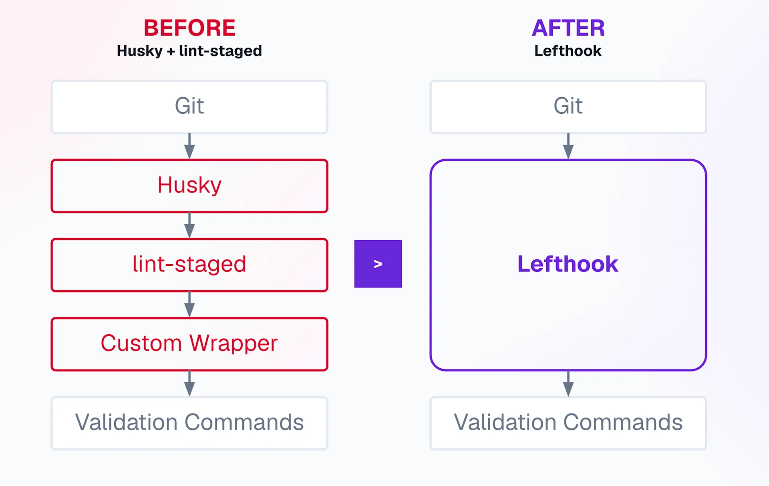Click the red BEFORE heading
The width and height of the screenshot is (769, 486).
189,28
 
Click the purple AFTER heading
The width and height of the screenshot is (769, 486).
568,28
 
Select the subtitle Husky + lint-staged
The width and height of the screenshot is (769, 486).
189,51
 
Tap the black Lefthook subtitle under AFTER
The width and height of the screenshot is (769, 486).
568,51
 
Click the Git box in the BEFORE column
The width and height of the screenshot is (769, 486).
189,107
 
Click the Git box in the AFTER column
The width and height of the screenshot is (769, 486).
568,107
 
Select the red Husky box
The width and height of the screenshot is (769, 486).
189,186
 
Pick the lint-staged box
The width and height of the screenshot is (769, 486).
189,265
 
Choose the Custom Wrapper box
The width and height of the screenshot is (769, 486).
189,344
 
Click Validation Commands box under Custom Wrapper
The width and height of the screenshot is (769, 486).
189,423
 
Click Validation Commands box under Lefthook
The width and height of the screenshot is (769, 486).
568,423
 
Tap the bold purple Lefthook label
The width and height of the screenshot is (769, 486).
568,264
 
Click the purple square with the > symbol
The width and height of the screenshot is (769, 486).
378,264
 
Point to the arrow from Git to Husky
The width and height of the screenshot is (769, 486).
189,146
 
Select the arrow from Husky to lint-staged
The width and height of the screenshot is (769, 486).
189,225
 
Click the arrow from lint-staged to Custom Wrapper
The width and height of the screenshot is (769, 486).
189,305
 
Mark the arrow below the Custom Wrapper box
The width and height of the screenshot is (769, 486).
189,384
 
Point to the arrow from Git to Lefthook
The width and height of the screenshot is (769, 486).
568,146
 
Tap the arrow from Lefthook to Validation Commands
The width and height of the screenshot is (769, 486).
568,384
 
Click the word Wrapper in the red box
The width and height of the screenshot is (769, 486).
234,344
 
